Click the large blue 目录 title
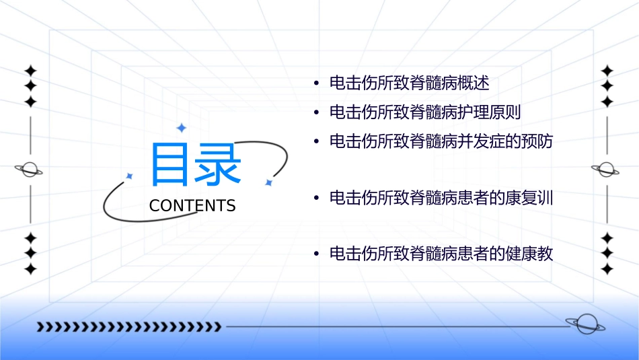[x=196, y=165]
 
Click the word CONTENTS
[x=192, y=206]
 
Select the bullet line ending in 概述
[x=409, y=83]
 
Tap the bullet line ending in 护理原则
[x=425, y=112]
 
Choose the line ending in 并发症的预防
[x=441, y=141]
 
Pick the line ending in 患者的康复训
[x=441, y=198]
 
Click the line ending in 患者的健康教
[x=441, y=254]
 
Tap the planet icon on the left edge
[x=29, y=170]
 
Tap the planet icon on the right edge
[x=606, y=170]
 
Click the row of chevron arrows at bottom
[x=128, y=327]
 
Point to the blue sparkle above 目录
[x=181, y=128]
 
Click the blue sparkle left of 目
[x=130, y=176]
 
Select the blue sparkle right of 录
[x=268, y=182]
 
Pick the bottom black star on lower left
[x=30, y=269]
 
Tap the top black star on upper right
[x=607, y=70]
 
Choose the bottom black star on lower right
[x=607, y=269]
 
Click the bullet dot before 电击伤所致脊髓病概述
[x=316, y=84]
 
